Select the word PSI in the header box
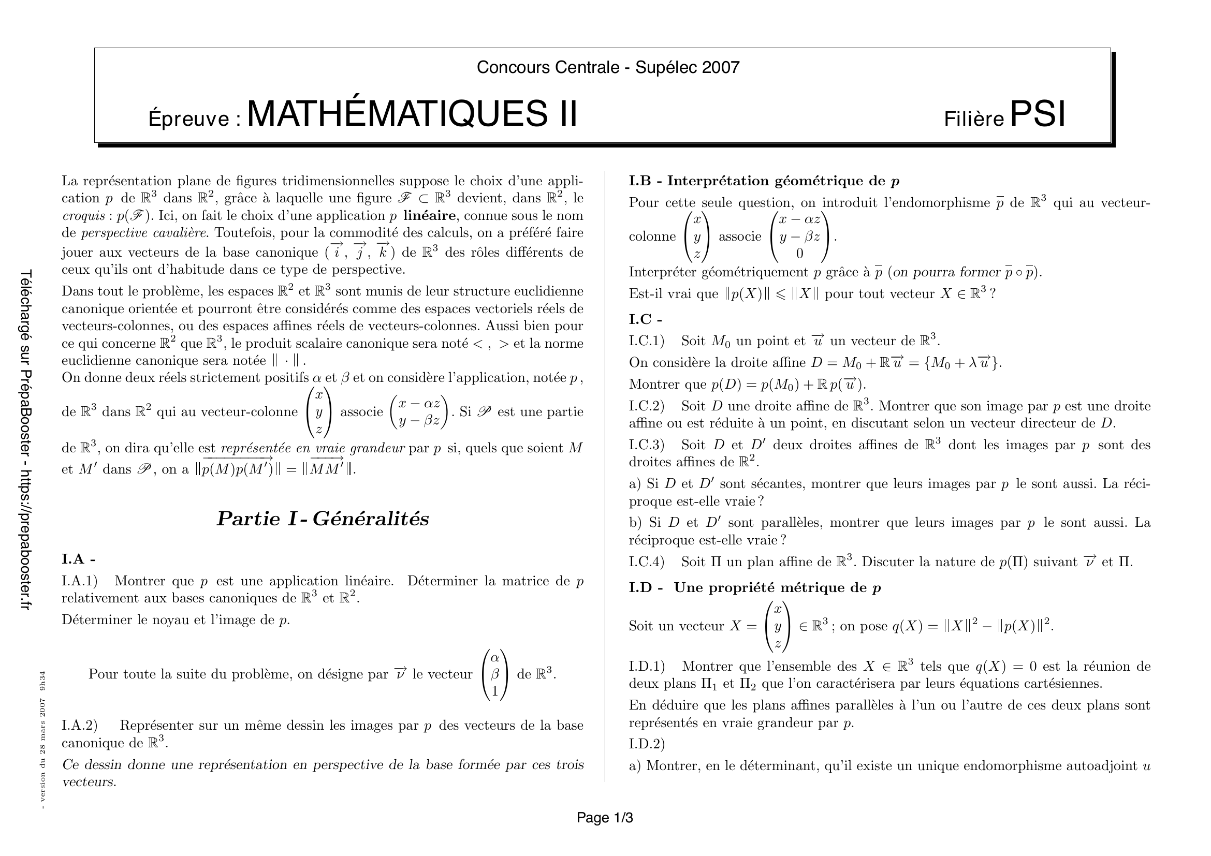(x=1038, y=114)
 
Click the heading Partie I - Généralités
(x=323, y=519)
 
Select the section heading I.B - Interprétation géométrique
(x=764, y=181)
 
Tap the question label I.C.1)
(x=647, y=341)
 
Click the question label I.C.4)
(x=647, y=562)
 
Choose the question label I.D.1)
(x=647, y=666)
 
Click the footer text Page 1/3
(x=604, y=818)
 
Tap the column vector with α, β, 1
(x=495, y=674)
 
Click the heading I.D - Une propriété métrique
(x=754, y=588)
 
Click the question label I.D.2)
(x=647, y=744)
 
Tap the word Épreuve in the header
(x=194, y=119)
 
